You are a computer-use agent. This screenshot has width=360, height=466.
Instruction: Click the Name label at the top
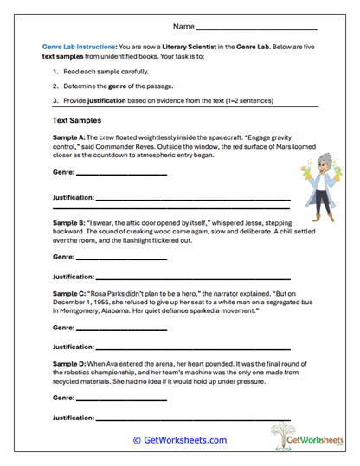183,29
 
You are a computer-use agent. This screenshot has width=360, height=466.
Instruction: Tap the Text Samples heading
79,121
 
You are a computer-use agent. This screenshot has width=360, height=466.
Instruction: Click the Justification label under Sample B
74,277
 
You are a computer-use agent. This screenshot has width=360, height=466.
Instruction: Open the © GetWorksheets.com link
179,440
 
